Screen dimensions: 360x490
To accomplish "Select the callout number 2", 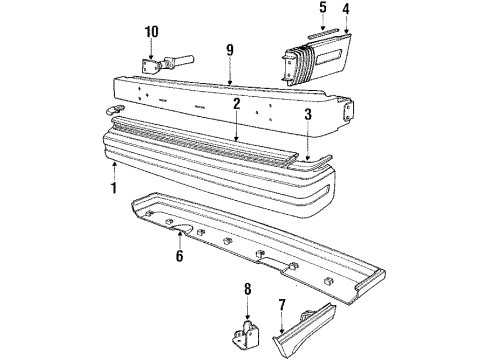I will tap(236, 103).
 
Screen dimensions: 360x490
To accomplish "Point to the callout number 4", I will tap(346, 12).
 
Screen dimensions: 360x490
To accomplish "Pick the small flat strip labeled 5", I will tap(322, 35).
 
